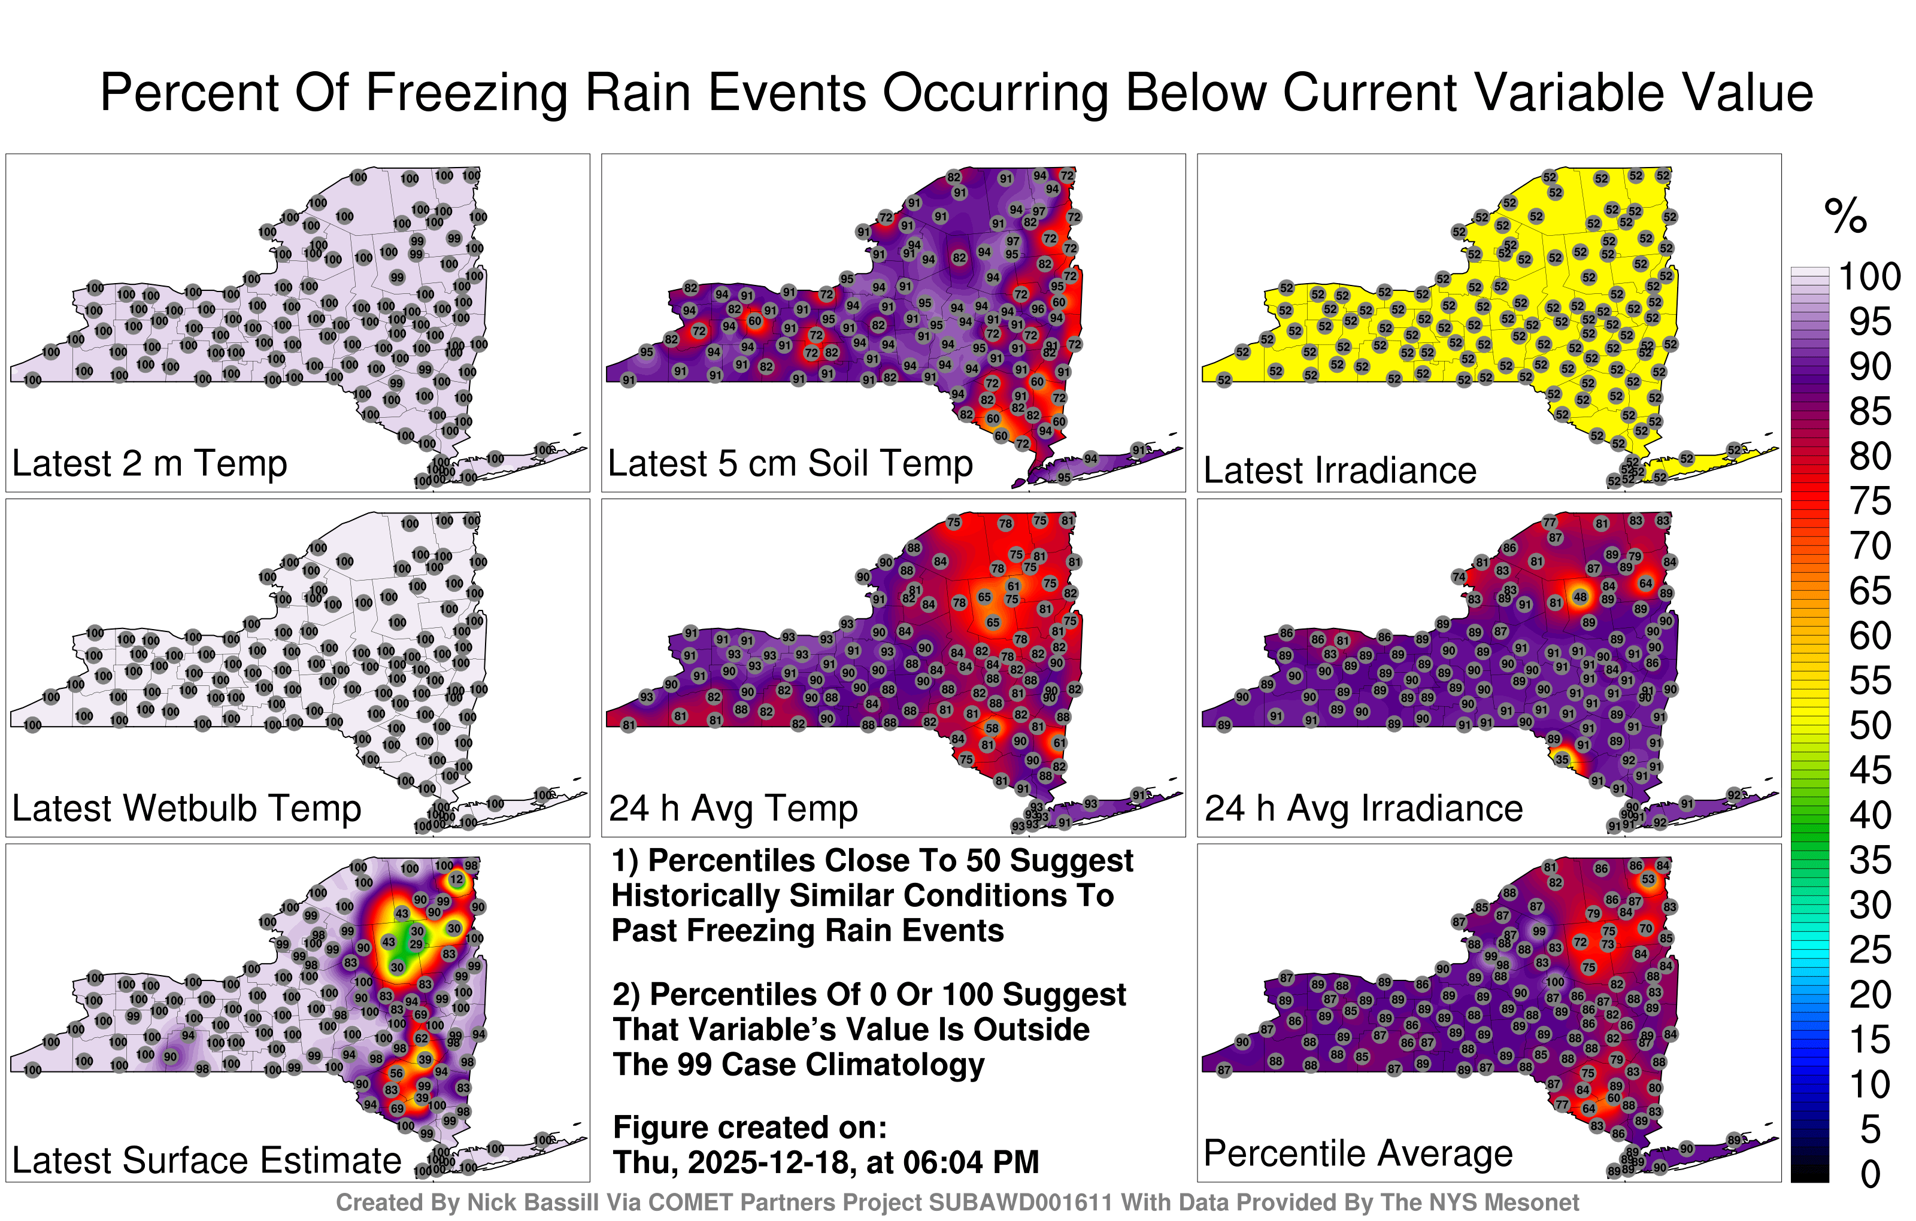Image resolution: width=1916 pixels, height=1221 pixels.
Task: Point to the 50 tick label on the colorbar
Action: (1869, 725)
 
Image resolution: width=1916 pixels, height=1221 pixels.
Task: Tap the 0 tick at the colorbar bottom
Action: (1870, 1174)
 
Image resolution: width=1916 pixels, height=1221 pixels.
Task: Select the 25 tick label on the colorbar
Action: (1869, 950)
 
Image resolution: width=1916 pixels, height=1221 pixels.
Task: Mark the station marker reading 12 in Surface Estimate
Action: (456, 879)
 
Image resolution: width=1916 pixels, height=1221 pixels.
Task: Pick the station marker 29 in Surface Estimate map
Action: (416, 945)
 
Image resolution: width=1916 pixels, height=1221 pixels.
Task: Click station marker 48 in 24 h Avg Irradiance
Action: (1580, 597)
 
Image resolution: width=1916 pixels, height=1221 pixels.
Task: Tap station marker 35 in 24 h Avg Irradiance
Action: (1562, 760)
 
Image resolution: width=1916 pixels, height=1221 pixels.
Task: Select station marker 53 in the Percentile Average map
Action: (1648, 879)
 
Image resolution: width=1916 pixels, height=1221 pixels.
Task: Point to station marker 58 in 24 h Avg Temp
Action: (992, 728)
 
